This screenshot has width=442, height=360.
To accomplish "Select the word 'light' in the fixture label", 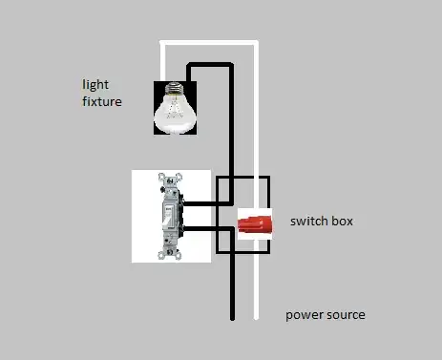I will point(95,84).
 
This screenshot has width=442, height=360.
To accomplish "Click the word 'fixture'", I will point(102,100).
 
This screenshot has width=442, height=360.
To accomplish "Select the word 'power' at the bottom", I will point(305,314).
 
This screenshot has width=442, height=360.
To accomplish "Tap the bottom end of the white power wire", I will point(256,317).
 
